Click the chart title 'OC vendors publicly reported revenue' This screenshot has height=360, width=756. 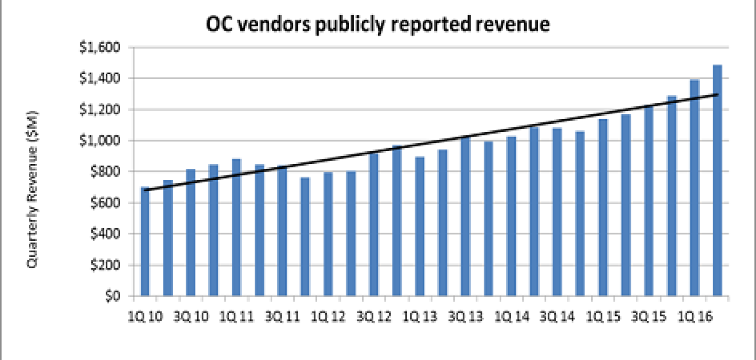click(x=378, y=24)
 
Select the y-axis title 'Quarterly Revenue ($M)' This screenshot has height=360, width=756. click(x=32, y=189)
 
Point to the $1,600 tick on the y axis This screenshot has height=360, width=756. click(x=100, y=47)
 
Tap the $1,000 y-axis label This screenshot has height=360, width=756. click(x=100, y=140)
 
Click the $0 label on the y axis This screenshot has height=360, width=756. click(x=112, y=296)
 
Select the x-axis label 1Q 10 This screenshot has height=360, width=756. click(x=145, y=317)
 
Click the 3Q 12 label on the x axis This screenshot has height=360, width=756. click(x=373, y=317)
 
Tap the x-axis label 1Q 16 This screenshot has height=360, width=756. click(x=695, y=317)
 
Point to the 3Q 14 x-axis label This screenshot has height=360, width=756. click(x=557, y=317)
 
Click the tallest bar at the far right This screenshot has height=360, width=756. click(x=717, y=180)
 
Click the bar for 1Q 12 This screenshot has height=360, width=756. click(x=328, y=234)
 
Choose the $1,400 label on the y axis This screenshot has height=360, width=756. click(x=100, y=78)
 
